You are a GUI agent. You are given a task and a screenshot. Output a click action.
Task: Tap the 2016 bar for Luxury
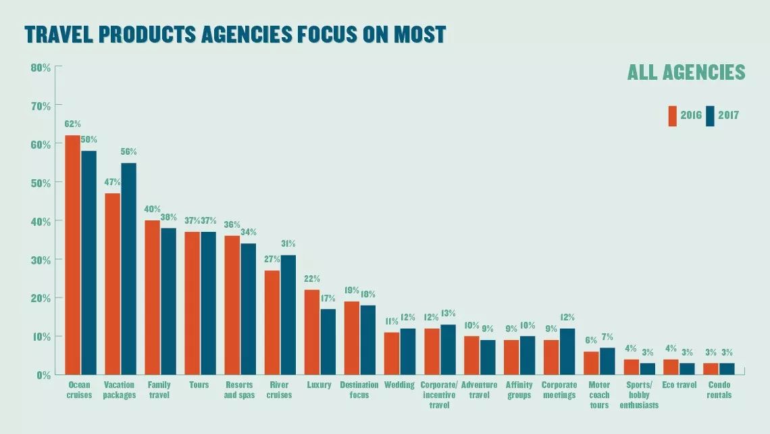click(312, 331)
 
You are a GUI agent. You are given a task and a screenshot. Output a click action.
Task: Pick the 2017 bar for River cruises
click(288, 314)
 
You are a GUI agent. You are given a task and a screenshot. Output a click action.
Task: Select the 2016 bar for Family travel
click(153, 297)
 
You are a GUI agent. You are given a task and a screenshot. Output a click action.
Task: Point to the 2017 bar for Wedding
click(408, 351)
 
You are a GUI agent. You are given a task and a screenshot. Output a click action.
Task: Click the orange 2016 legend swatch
click(673, 116)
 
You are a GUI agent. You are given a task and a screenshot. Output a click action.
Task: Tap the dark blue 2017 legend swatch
click(710, 116)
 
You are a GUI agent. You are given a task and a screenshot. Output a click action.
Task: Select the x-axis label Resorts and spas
click(239, 390)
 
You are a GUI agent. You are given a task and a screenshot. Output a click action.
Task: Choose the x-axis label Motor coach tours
click(599, 395)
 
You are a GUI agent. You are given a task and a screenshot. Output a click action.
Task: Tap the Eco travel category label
click(679, 385)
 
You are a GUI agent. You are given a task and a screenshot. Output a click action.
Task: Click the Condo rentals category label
click(719, 390)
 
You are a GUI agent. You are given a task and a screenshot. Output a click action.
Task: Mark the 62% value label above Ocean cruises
click(73, 124)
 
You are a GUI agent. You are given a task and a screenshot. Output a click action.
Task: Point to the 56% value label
click(128, 151)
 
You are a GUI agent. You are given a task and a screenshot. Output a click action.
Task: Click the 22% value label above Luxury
click(312, 279)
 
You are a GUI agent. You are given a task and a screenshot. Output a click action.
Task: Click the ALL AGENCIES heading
click(686, 72)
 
